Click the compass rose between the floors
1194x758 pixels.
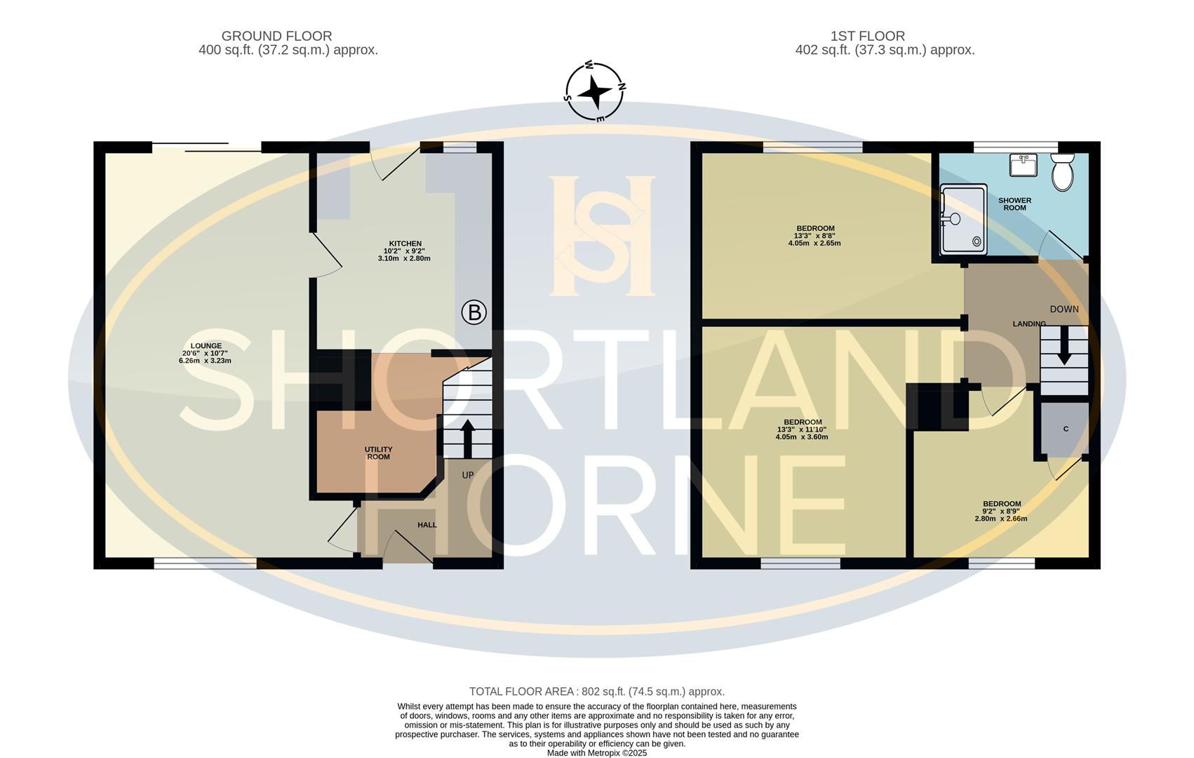click(594, 91)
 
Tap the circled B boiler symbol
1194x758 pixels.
click(474, 312)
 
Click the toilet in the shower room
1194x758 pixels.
click(1062, 172)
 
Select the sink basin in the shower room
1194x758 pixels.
click(1023, 164)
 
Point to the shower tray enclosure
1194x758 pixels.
click(964, 219)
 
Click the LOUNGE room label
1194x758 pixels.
click(206, 345)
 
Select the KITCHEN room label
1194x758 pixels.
click(405, 244)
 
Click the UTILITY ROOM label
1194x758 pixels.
click(378, 453)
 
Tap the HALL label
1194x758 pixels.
click(427, 525)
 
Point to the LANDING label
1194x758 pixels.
click(1029, 324)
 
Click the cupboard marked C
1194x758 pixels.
click(1065, 430)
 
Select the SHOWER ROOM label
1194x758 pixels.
click(1014, 204)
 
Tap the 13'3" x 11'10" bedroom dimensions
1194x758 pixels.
click(802, 433)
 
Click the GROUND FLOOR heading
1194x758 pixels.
click(276, 36)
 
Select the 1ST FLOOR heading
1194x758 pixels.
click(867, 36)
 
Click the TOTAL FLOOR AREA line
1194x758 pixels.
click(596, 691)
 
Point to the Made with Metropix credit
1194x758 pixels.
click(596, 753)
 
